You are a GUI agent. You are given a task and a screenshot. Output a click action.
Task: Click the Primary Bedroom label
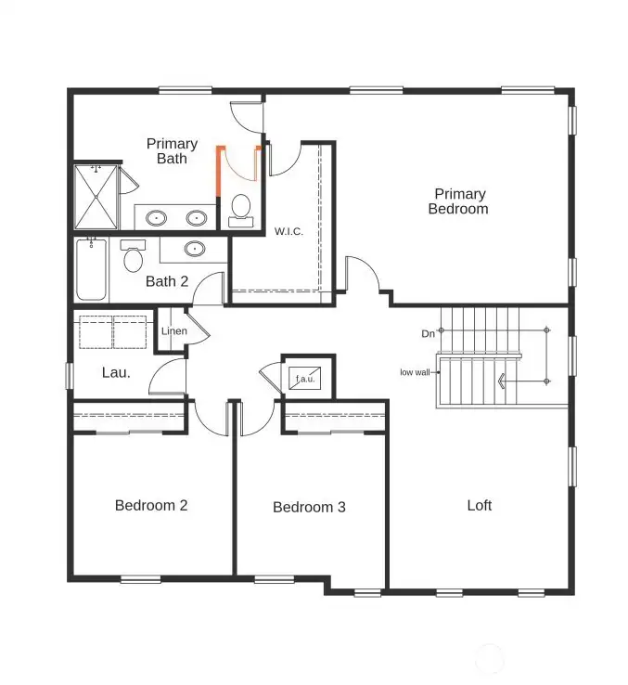[x=458, y=201]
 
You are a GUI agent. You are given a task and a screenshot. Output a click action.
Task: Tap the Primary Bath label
[x=172, y=151]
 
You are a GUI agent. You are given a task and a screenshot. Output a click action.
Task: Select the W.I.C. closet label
[x=288, y=230]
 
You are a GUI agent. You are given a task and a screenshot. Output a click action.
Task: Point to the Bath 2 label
[x=167, y=280]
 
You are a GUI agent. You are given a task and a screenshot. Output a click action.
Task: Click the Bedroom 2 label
[x=151, y=506]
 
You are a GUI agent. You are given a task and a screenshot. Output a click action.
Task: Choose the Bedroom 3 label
[x=309, y=508]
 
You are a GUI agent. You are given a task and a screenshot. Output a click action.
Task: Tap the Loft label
[x=480, y=506]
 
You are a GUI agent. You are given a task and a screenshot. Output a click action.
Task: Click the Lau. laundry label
[x=116, y=373]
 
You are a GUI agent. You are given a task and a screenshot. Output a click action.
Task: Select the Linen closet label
[x=174, y=331]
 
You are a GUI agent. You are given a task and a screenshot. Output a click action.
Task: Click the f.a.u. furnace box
[x=304, y=379]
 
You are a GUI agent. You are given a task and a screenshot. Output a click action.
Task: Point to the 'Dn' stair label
[x=428, y=333]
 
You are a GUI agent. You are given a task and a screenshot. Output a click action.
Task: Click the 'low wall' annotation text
[x=415, y=372]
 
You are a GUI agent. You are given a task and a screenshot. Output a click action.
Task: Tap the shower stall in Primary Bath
[x=96, y=197]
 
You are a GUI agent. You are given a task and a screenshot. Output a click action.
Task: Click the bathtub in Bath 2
[x=91, y=269]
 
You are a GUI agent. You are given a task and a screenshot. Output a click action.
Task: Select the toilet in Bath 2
[x=133, y=257]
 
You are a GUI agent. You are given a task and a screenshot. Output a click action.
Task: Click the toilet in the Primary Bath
[x=241, y=208]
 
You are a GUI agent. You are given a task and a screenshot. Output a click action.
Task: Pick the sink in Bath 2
[x=195, y=249]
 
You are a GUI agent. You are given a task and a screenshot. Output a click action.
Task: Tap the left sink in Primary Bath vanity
[x=157, y=218]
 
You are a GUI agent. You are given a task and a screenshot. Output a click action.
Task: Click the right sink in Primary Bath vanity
[x=197, y=218]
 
